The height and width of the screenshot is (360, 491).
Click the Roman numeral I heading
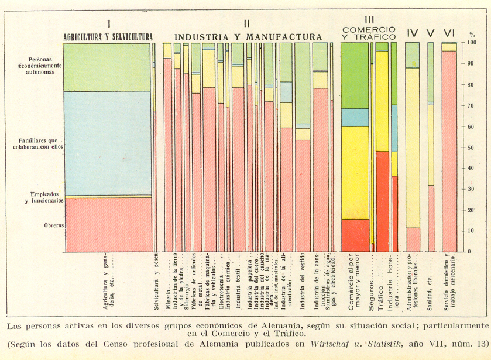point(109,23)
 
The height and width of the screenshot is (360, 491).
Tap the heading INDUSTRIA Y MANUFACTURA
point(248,37)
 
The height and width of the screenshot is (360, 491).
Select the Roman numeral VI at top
point(449,32)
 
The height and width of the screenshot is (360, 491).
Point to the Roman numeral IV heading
point(412,33)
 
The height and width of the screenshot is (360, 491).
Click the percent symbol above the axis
point(472,35)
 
